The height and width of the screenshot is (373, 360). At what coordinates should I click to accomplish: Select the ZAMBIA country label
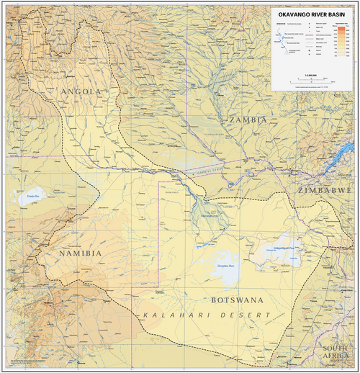246,120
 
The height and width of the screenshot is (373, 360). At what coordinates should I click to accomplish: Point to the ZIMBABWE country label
327,189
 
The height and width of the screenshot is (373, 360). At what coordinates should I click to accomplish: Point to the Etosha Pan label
31,195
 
